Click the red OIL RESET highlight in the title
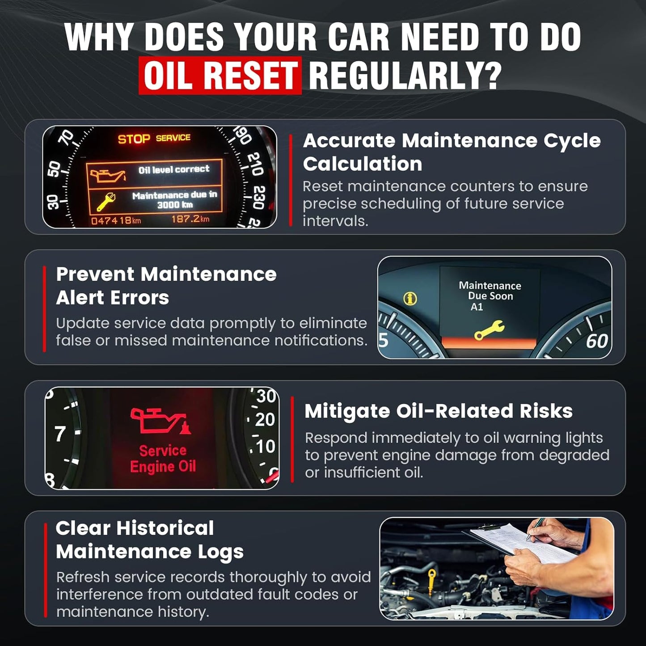coord(220,76)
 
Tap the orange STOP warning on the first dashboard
coord(134,139)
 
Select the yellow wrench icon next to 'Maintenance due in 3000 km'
coord(106,201)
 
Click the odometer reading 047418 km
coord(116,220)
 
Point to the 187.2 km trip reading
coord(190,219)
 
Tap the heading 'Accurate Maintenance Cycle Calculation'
coord(452,152)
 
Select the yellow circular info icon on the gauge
coord(410,299)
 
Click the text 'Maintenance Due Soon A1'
coord(490,296)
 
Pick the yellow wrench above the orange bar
coord(490,330)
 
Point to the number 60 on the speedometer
coord(596,342)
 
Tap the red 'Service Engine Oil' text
coord(163,458)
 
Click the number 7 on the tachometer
coord(60,434)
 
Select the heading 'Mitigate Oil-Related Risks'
coord(438,411)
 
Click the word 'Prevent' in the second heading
coord(95,274)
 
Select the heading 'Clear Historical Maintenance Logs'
coord(149,540)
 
